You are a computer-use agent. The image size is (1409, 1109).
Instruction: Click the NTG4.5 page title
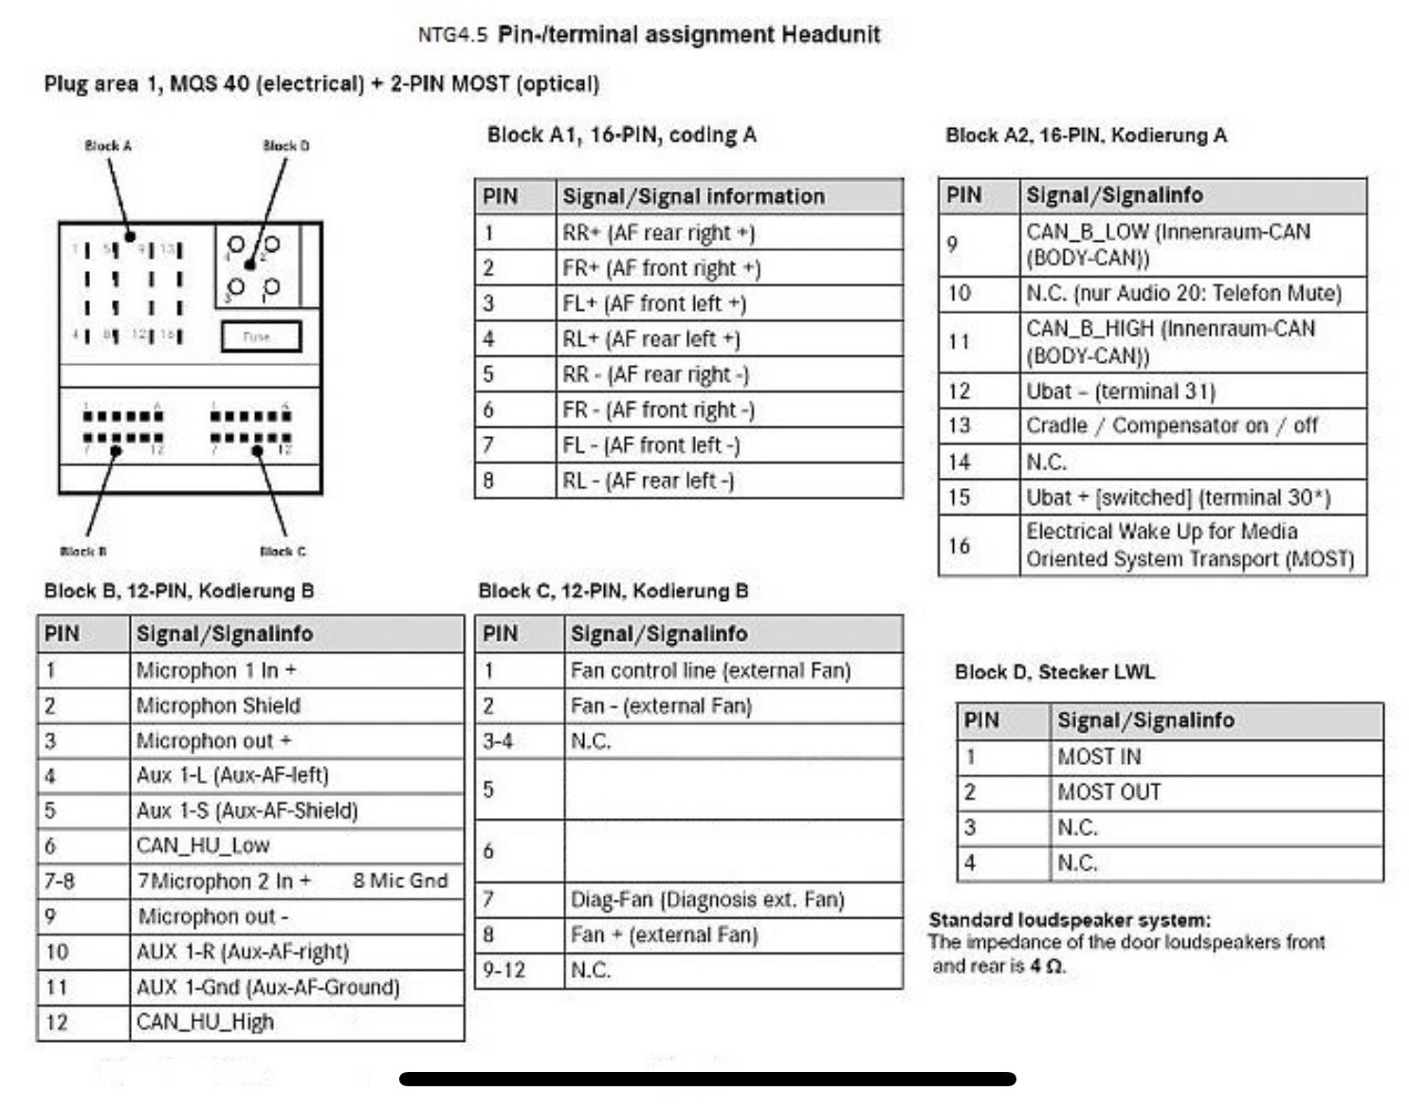[649, 35]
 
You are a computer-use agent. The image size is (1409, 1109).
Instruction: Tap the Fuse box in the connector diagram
[261, 336]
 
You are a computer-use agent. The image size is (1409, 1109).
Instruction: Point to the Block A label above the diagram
[107, 146]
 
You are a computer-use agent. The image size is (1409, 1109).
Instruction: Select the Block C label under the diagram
[283, 551]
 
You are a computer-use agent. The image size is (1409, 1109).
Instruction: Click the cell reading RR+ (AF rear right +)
[658, 233]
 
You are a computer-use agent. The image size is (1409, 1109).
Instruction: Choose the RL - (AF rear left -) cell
[648, 481]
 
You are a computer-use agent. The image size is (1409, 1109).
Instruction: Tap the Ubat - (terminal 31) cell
[1120, 391]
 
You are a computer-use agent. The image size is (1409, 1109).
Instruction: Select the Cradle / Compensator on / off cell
[1171, 426]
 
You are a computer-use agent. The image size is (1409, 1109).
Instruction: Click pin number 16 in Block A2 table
[959, 546]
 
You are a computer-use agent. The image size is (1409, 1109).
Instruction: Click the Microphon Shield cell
[218, 705]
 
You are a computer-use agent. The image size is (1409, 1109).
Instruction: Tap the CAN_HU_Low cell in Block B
[203, 845]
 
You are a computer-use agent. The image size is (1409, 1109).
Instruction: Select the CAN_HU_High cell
[205, 1022]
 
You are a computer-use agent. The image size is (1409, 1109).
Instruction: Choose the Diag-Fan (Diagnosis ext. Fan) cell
[706, 899]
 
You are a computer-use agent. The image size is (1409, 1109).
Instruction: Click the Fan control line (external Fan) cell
[710, 671]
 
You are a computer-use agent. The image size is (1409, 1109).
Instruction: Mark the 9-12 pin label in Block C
[503, 970]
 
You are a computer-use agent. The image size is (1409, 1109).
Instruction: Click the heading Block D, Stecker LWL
[1054, 672]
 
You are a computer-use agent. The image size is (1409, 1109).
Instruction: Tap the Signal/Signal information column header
[693, 196]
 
